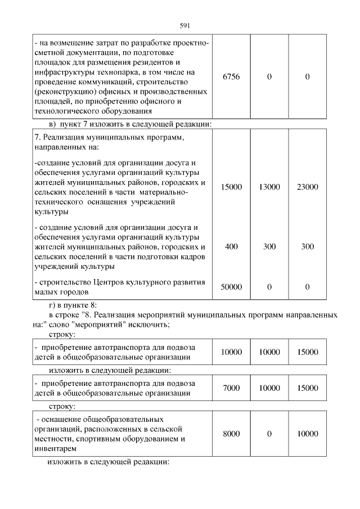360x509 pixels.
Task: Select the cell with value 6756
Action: [231, 76]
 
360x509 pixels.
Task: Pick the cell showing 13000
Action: [269, 187]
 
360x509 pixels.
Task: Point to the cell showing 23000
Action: [307, 187]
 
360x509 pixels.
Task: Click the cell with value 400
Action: [231, 246]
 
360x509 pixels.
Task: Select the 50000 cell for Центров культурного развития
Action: [231, 287]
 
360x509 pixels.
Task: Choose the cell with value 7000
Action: [231, 388]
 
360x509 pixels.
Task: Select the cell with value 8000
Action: [231, 434]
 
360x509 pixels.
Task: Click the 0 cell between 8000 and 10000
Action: [269, 434]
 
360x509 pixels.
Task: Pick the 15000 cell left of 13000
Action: [231, 187]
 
